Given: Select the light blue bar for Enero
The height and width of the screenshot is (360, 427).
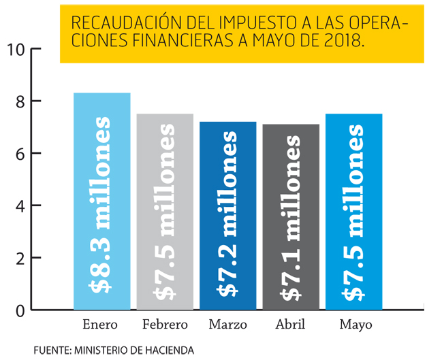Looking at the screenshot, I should coord(101,201).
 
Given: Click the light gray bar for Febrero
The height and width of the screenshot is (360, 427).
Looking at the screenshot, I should coord(165,212).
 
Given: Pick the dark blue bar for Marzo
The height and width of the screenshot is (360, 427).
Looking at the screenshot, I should coord(227,216).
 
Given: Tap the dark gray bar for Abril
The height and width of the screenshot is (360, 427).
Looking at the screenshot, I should coord(291,217).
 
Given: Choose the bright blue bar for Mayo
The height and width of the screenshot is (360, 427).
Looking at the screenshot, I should coord(353,212).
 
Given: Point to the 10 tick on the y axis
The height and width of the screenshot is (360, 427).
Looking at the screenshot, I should coord(16,50).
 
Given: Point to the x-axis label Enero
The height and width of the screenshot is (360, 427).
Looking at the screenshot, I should coord(101,325).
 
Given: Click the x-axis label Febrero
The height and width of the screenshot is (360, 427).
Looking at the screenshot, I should coord(165,325).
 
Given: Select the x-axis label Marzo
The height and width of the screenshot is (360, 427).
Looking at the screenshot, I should coord(227,325).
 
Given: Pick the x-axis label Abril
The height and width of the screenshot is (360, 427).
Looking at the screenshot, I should coord(291,325).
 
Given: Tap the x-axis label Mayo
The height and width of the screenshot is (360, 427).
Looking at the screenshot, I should coord(354,325).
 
